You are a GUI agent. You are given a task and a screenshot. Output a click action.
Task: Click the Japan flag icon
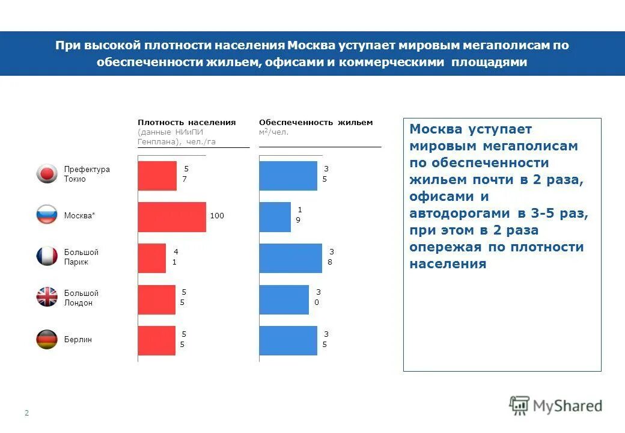(47, 174)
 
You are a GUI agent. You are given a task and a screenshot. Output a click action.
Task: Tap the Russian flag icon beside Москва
(47, 215)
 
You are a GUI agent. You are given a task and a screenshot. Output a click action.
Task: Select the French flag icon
(47, 256)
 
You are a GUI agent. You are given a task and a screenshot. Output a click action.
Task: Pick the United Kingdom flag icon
(47, 297)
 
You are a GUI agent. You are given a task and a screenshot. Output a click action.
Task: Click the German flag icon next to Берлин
(47, 339)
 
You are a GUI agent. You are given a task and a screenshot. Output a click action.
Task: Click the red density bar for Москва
(172, 216)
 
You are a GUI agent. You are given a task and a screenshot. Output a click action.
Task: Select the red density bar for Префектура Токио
(157, 176)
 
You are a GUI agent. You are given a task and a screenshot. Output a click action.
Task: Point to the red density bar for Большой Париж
(151, 258)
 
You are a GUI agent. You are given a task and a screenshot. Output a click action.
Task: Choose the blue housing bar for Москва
(275, 216)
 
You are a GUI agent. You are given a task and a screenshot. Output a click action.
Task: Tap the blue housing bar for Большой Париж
(290, 258)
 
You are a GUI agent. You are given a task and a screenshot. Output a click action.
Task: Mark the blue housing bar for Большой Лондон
(284, 299)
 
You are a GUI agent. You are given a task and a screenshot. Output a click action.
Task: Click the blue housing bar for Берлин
(288, 340)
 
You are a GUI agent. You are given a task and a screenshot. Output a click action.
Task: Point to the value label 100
(217, 215)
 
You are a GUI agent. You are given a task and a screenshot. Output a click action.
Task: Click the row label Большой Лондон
(81, 298)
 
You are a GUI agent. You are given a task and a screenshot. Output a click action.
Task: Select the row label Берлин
(78, 340)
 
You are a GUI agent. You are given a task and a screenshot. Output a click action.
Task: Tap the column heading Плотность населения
(186, 122)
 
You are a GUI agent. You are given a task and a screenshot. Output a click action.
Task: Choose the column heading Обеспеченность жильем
(316, 122)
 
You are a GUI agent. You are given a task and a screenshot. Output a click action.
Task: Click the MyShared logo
(555, 406)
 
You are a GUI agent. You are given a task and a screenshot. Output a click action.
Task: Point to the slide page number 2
(26, 413)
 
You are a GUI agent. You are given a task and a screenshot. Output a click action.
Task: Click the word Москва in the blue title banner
(311, 46)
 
